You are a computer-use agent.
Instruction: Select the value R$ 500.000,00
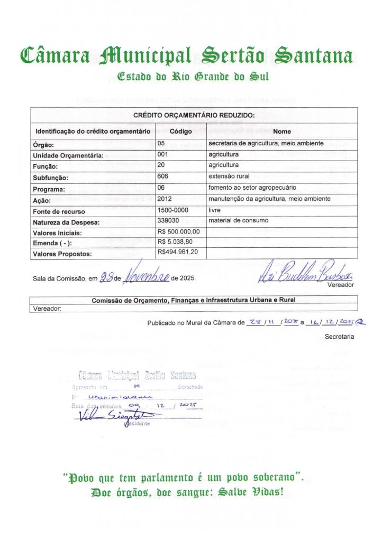pos(178,231)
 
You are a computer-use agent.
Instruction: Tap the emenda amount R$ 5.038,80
pos(176,242)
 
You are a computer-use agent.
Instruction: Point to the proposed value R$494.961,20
pos(178,253)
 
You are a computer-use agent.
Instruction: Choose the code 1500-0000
pos(172,210)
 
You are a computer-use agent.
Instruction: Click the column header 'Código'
pos(180,131)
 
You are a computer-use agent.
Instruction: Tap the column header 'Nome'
pos(282,131)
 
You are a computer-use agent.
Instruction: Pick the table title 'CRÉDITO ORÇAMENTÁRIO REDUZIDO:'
pos(194,115)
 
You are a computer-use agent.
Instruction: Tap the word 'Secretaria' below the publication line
pos(339,335)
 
